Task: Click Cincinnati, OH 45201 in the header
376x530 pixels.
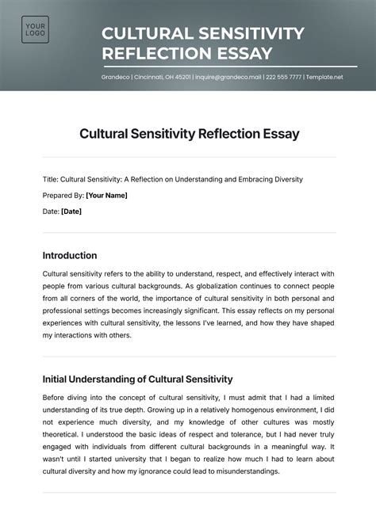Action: coord(162,77)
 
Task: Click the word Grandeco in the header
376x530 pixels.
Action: coord(116,77)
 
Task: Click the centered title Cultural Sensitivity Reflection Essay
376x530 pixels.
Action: coord(189,134)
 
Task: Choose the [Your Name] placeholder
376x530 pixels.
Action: coord(106,195)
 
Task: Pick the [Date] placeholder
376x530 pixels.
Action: coord(71,212)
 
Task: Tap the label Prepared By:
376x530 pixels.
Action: coord(63,195)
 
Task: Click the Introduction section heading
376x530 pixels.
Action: coord(70,256)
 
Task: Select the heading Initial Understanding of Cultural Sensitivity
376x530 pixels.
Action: coord(137,379)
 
